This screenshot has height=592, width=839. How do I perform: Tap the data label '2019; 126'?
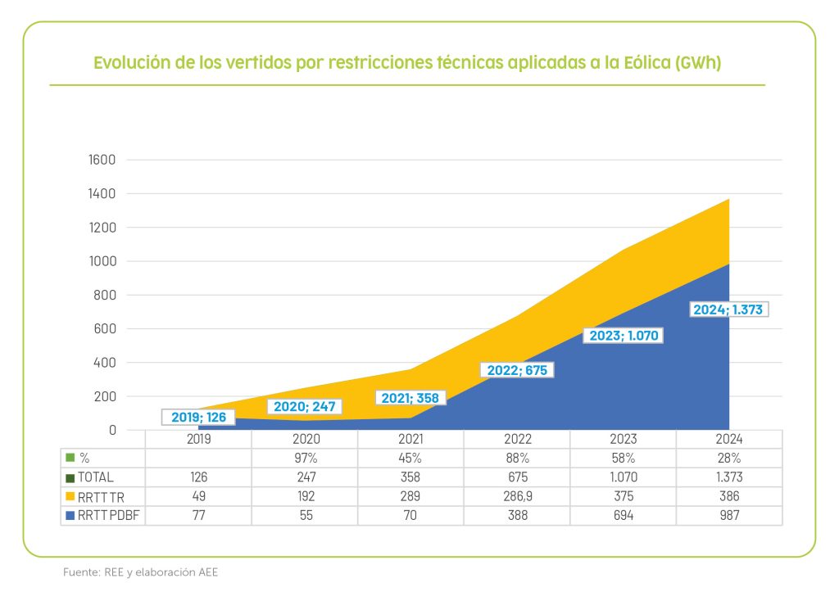(x=198, y=418)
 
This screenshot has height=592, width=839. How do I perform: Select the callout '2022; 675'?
(x=517, y=369)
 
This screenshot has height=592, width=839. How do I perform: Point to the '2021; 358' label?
(x=410, y=399)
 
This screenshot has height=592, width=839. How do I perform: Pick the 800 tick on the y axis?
(x=106, y=295)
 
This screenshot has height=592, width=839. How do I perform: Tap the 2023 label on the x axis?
(x=623, y=440)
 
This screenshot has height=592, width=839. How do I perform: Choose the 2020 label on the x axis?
(x=305, y=440)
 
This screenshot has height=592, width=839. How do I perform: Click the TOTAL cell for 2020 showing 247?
(x=305, y=477)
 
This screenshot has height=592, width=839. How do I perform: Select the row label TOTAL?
(x=95, y=477)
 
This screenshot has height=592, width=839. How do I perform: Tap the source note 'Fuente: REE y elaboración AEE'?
(x=140, y=572)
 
